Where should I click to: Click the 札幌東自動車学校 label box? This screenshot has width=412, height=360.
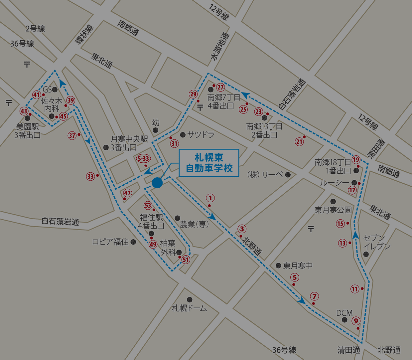209,163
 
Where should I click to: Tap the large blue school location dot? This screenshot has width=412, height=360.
157,183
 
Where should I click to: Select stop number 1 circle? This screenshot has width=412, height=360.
210,198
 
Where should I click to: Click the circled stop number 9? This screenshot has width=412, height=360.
356,321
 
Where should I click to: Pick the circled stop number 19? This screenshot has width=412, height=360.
356,160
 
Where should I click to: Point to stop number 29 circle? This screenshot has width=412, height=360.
193,94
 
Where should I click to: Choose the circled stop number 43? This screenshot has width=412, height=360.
24,111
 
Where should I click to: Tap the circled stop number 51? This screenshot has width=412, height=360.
186,260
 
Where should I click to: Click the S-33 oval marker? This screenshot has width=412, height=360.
143,158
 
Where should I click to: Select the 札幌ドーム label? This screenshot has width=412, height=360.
189,308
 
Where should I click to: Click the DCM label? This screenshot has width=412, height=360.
344,313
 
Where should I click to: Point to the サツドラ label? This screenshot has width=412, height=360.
201,135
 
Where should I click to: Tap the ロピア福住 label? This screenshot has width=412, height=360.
110,242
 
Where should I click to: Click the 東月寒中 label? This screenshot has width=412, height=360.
298,266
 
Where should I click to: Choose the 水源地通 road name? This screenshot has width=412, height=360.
220,47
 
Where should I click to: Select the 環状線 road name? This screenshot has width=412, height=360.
84,34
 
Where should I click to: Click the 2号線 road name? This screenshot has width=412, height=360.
35,29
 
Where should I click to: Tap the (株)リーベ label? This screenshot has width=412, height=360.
265,175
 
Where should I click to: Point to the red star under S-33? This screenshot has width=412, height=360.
145,165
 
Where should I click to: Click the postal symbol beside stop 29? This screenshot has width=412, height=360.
200,107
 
